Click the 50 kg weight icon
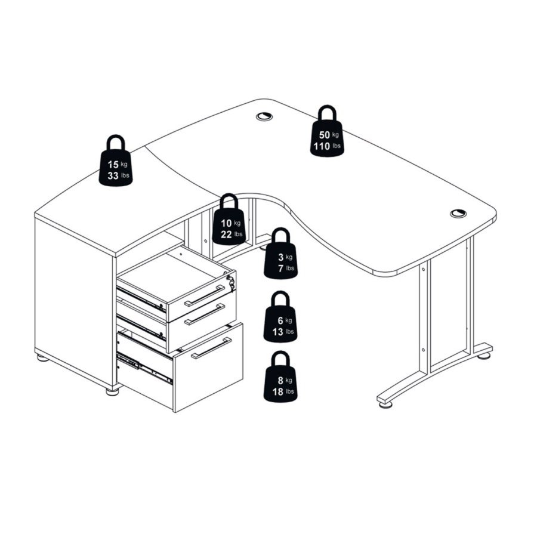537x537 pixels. pos(327,131)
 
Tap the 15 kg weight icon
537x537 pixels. pos(116,161)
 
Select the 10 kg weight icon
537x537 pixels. pos(229,220)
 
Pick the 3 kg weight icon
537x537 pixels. pos(281,254)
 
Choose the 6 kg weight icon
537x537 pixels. pos(280,317)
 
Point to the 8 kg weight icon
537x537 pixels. pos(280,376)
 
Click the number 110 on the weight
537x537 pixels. pos(322,147)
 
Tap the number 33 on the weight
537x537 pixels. pos(113,176)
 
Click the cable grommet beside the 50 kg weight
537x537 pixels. pos(264,116)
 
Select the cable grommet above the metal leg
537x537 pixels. pos(458,214)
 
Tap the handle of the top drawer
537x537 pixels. pos(205,295)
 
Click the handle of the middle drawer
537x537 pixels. pos(205,314)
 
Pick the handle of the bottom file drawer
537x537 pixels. pos(211,348)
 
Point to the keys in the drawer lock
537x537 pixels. pos(231,282)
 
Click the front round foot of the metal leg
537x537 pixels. pos(385,405)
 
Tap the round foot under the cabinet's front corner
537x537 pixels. pos(112,391)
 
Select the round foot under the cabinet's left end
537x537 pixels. pos(43,358)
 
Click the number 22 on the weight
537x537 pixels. pos(226,234)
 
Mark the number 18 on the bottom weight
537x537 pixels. pos(277,391)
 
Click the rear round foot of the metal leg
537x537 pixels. pos(483,356)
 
